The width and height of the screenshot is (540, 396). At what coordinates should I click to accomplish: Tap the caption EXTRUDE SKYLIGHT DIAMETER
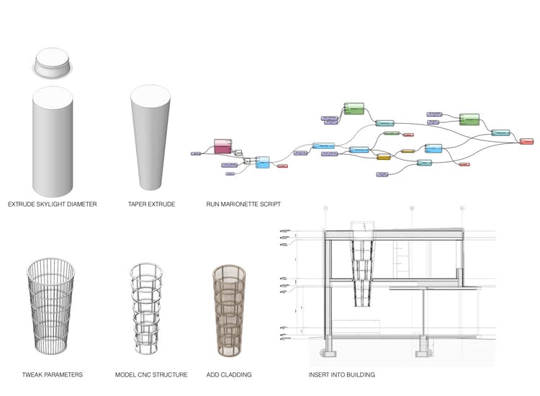point(53,204)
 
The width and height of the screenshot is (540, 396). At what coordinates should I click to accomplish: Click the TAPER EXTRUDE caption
point(151,204)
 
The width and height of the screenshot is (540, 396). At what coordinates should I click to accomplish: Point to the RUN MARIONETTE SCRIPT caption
point(243,204)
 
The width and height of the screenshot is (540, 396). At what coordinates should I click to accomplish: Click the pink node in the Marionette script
point(222,147)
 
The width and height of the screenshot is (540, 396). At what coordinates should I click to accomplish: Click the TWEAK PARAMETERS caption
point(53,374)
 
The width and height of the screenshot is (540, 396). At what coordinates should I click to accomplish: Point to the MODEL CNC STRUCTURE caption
point(151,374)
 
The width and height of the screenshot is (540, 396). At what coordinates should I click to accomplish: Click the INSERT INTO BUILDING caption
point(341,374)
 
